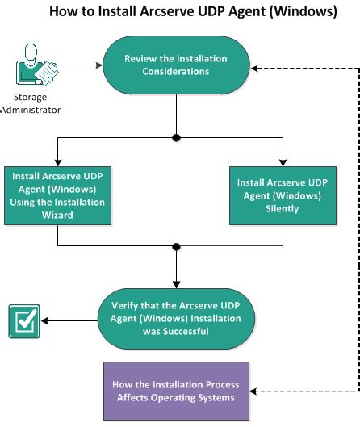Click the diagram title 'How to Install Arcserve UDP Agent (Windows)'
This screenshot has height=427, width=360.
click(180, 11)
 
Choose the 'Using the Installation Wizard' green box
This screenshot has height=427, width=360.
click(57, 196)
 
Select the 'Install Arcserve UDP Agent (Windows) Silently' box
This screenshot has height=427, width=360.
click(283, 195)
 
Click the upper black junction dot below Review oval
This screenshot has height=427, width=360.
click(175, 136)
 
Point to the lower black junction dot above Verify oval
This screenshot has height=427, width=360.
click(175, 245)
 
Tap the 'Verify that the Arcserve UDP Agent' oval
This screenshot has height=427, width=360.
click(175, 320)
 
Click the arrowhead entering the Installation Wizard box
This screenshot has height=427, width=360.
click(57, 162)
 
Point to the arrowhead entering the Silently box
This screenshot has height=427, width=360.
click(283, 162)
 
